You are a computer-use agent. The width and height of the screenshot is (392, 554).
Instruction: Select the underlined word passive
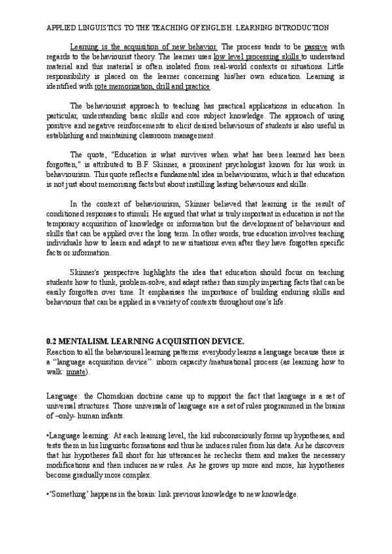click(x=317, y=48)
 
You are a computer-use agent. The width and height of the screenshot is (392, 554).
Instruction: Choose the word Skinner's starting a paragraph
click(x=86, y=272)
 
